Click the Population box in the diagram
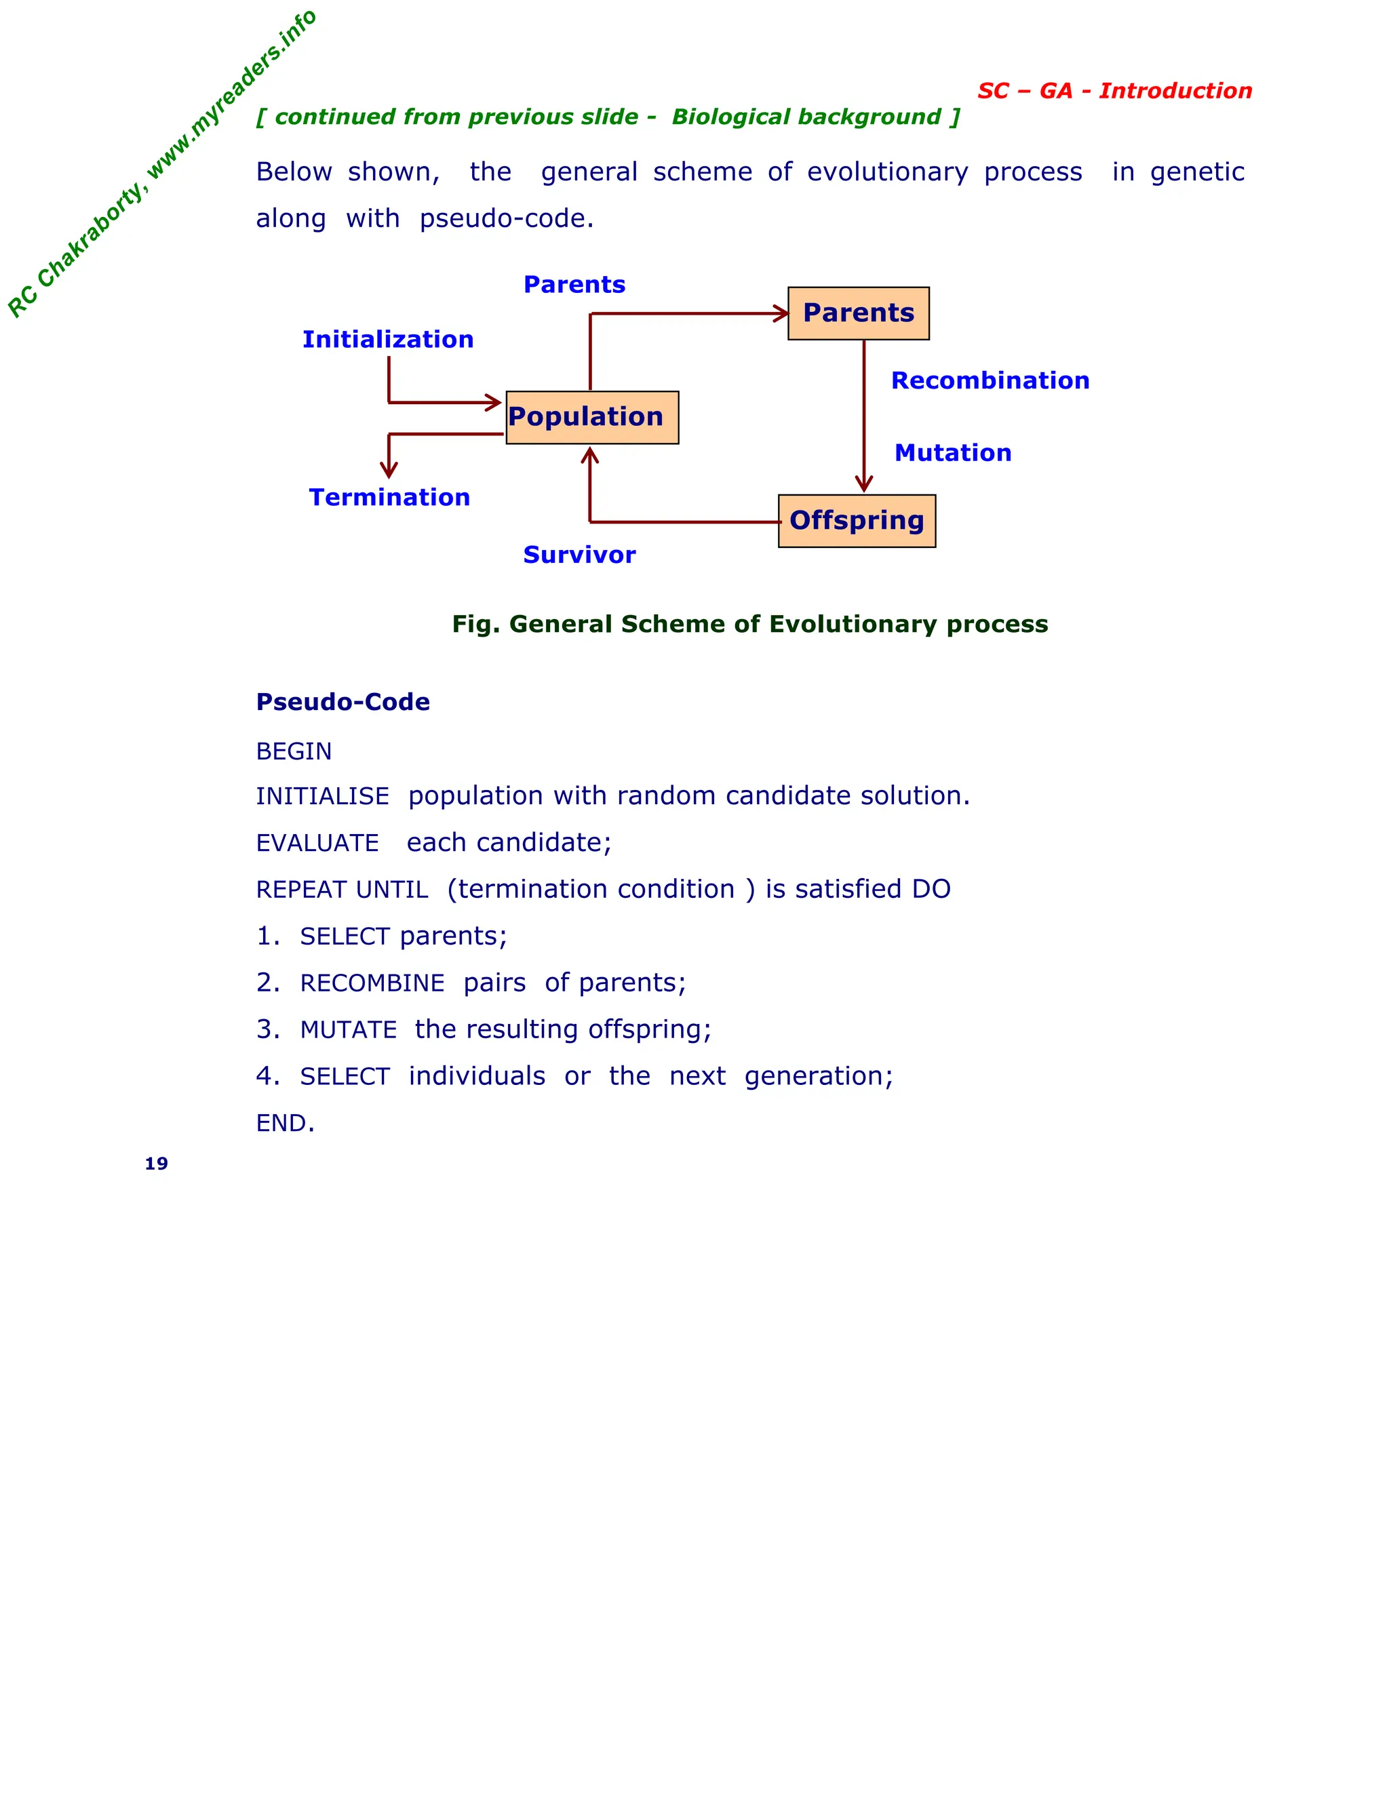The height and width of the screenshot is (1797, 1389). tap(591, 417)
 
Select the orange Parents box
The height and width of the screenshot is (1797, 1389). tap(858, 313)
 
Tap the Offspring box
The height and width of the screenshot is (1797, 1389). tap(857, 521)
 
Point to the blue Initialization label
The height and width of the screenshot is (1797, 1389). tap(387, 339)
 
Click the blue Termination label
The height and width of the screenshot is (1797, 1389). tap(389, 497)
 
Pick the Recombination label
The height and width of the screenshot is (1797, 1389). tap(990, 380)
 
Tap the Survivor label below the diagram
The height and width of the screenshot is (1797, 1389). tap(579, 555)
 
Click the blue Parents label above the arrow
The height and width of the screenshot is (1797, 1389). tap(574, 284)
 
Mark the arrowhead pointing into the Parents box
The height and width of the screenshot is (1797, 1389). tap(782, 313)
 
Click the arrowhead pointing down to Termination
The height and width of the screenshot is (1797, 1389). tap(389, 470)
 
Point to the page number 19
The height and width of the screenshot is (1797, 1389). tap(157, 1164)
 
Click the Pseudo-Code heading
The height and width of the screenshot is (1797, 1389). tap(343, 702)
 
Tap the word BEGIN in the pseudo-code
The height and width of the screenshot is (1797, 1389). tap(294, 751)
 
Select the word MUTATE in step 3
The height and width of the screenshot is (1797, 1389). tap(348, 1030)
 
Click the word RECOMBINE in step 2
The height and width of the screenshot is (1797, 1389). tap(372, 983)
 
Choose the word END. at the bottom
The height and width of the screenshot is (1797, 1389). tap(285, 1123)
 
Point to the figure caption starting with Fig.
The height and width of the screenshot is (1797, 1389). tap(749, 624)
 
